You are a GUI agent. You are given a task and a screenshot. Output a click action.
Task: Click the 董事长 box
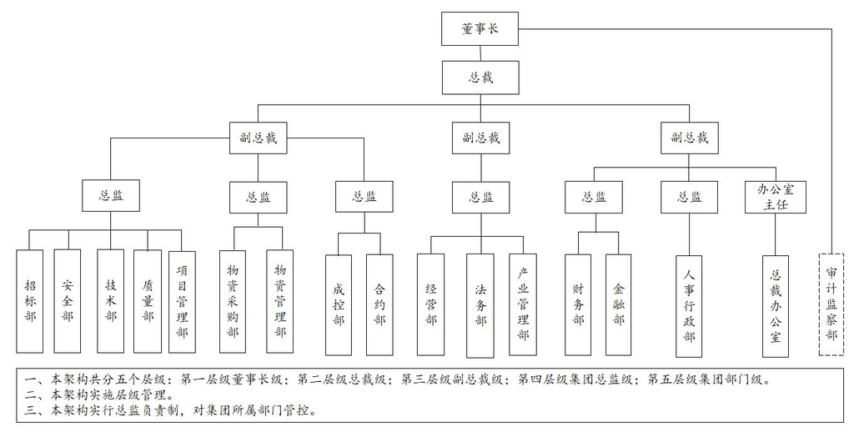480,29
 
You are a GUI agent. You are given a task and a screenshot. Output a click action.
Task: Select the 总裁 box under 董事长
480,78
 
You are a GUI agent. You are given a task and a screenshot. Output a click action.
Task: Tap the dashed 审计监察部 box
831,304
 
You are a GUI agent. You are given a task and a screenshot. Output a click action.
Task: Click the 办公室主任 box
776,197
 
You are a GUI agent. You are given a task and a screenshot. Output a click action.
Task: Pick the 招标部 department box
29,300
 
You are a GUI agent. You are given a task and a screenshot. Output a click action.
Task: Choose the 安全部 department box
68,300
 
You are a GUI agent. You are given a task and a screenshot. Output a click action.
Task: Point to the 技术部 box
111,300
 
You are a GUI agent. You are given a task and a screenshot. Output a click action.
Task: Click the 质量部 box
148,300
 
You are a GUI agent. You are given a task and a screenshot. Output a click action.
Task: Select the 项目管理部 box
182,300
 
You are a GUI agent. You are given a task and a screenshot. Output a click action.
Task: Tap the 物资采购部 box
234,301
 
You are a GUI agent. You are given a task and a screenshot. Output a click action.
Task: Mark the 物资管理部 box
280,301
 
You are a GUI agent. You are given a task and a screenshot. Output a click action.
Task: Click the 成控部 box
339,305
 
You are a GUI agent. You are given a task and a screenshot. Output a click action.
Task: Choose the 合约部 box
379,305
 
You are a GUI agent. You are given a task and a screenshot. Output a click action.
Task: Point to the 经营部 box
431,304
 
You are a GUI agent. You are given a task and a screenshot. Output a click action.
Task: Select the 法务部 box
480,305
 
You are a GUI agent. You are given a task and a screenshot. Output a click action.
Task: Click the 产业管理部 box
523,304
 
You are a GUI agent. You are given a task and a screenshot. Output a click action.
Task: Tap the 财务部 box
578,304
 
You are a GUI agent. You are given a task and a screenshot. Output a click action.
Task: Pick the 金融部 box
619,304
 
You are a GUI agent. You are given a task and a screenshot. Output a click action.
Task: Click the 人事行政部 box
689,306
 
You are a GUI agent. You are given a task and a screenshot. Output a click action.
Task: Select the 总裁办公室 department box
776,306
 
